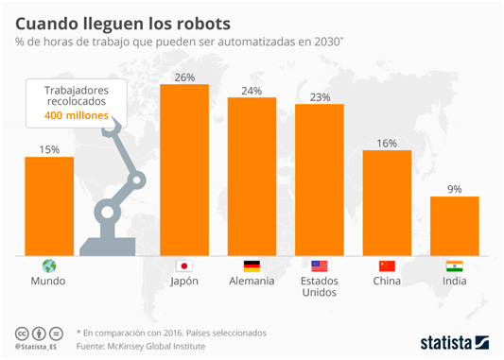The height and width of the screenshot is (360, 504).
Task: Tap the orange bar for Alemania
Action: (x=252, y=176)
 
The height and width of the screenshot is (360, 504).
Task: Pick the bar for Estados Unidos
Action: (x=319, y=180)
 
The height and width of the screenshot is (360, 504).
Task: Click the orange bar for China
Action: (x=387, y=202)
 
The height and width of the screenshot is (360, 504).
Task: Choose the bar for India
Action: (x=454, y=226)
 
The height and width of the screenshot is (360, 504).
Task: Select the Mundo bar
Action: (x=49, y=206)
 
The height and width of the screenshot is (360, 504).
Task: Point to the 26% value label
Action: (x=184, y=77)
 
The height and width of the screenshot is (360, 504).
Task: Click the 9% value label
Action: (x=454, y=189)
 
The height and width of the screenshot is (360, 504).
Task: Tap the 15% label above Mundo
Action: (x=49, y=148)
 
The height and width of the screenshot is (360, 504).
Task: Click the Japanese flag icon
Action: (x=184, y=266)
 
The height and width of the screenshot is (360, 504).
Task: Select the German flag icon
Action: (x=252, y=266)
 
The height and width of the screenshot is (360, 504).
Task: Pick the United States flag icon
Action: (x=319, y=266)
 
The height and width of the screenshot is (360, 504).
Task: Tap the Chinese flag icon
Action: (x=387, y=266)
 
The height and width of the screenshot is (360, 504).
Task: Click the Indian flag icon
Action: (x=454, y=266)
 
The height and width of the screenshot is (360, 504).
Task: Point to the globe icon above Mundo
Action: (x=49, y=266)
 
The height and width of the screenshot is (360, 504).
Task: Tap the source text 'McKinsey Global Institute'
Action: (x=165, y=345)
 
